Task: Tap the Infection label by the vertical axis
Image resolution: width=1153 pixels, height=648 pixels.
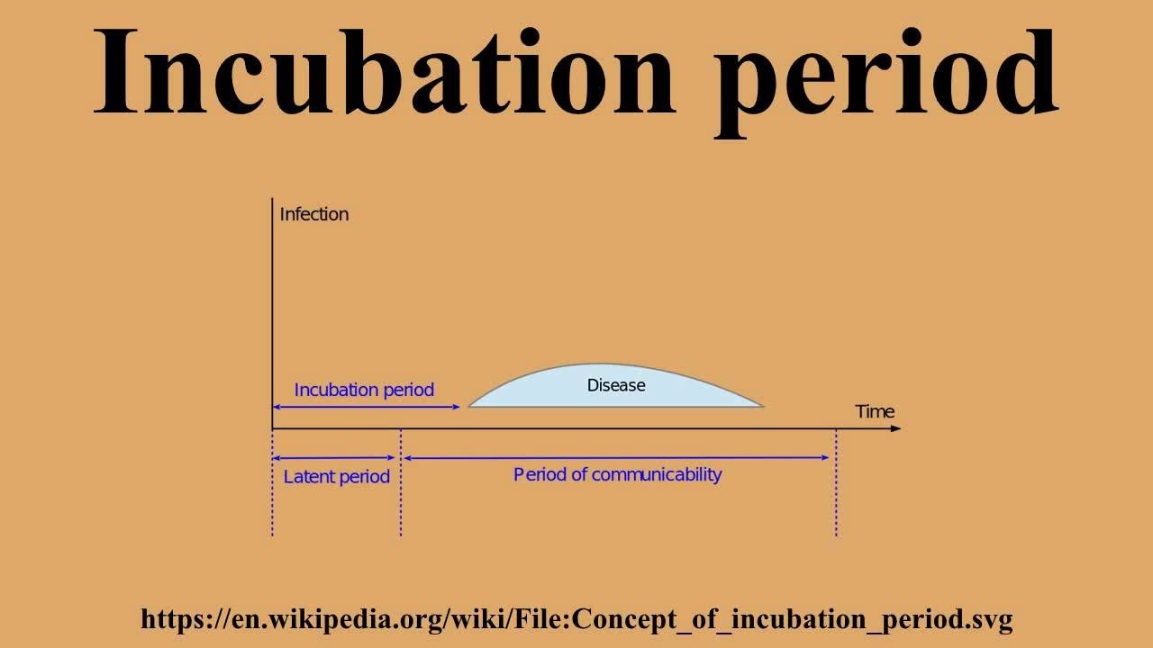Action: pyautogui.click(x=313, y=214)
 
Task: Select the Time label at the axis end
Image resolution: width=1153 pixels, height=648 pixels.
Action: pyautogui.click(x=875, y=411)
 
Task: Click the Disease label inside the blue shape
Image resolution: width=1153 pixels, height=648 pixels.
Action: pyautogui.click(x=616, y=385)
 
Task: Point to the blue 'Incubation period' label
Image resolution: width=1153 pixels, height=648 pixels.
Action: pyautogui.click(x=364, y=390)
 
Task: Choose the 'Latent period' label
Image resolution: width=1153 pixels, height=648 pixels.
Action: pyautogui.click(x=336, y=477)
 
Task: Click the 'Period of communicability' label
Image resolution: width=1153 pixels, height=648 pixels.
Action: pyautogui.click(x=617, y=474)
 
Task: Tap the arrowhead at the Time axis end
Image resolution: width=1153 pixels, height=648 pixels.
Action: pyautogui.click(x=895, y=428)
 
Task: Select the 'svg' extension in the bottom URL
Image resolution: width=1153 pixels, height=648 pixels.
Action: pyautogui.click(x=993, y=619)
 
